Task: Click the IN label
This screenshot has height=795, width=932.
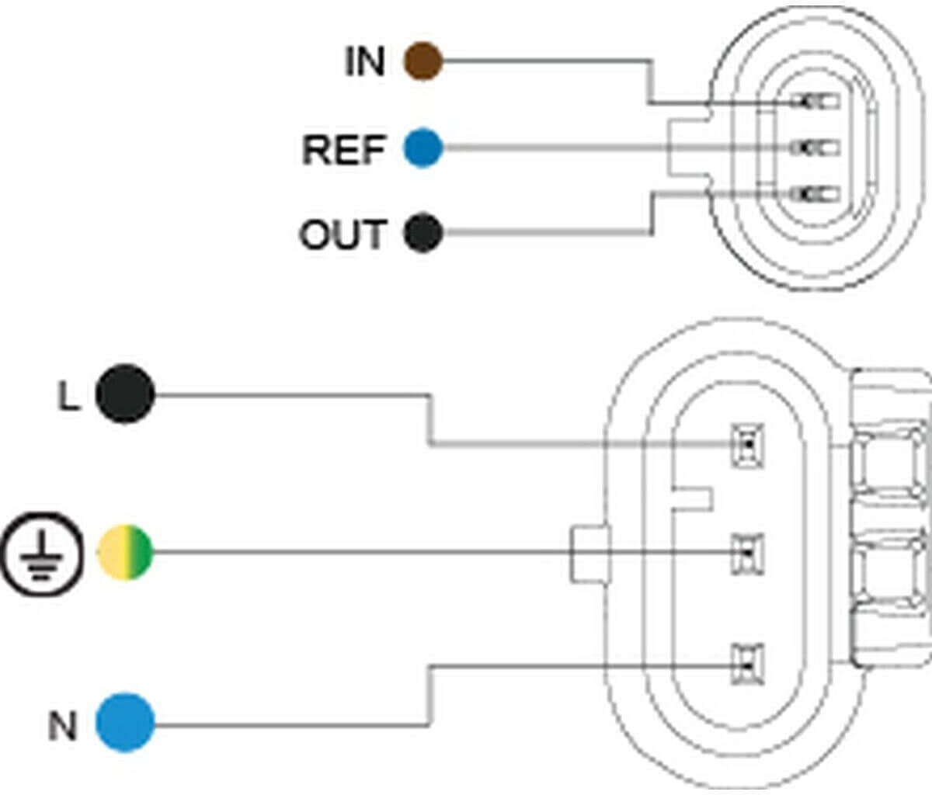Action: pos(364,61)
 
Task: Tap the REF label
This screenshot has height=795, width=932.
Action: pos(343,149)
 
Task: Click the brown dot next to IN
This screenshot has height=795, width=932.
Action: pos(423,61)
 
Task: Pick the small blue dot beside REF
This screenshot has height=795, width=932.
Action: pos(423,148)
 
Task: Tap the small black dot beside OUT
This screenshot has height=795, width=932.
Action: pos(423,232)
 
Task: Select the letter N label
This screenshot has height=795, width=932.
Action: pos(63,727)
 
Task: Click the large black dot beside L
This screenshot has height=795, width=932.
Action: pos(125,394)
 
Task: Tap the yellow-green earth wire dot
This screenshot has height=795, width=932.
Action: pos(125,553)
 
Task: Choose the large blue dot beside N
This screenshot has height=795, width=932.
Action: pos(125,722)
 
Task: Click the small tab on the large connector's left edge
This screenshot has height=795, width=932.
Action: pos(589,554)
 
